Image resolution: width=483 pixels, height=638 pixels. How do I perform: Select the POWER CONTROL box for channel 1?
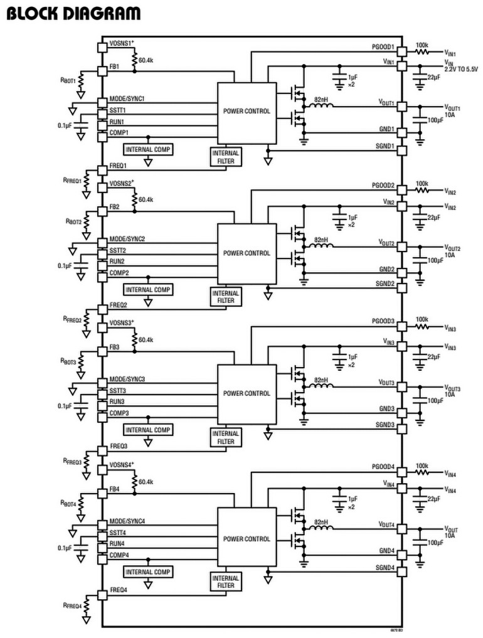pyautogui.click(x=247, y=111)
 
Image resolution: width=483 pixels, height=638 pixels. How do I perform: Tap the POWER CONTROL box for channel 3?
pyautogui.click(x=247, y=393)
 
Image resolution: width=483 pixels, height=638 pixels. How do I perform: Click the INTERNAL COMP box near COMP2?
pyautogui.click(x=148, y=290)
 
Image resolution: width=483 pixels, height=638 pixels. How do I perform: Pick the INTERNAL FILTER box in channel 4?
pyautogui.click(x=225, y=582)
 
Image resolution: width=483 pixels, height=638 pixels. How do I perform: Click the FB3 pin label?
pyautogui.click(x=114, y=347)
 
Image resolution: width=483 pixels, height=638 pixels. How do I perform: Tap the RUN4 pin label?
pyautogui.click(x=117, y=543)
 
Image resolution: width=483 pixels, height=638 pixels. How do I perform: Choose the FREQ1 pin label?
pyautogui.click(x=119, y=166)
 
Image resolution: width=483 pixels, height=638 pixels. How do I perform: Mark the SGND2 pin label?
pyautogui.click(x=385, y=284)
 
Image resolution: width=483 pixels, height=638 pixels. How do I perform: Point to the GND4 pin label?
pyautogui.click(x=386, y=551)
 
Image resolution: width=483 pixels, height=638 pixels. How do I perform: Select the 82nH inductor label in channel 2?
pyautogui.click(x=321, y=240)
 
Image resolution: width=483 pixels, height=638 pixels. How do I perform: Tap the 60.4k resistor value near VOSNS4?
pyautogui.click(x=146, y=482)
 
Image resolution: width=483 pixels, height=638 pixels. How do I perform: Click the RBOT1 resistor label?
pyautogui.click(x=68, y=80)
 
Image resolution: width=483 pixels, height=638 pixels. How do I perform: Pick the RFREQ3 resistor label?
pyautogui.click(x=73, y=461)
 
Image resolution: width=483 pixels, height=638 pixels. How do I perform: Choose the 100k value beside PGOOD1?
pyautogui.click(x=422, y=45)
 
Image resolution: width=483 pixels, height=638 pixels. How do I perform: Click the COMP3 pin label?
pyautogui.click(x=119, y=413)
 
